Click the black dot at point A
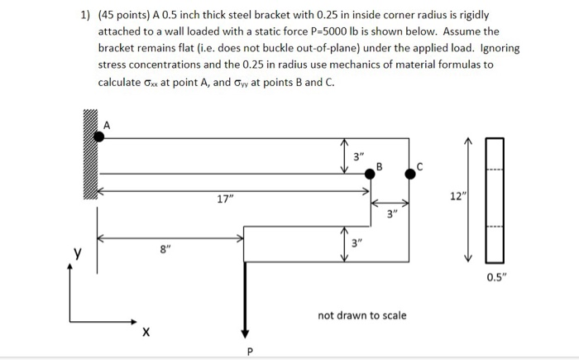[x=99, y=136]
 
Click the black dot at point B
[x=371, y=174]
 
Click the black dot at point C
[x=410, y=174]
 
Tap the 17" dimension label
[x=224, y=199]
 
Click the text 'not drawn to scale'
[x=361, y=315]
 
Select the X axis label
[x=146, y=333]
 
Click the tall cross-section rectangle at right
[x=496, y=196]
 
